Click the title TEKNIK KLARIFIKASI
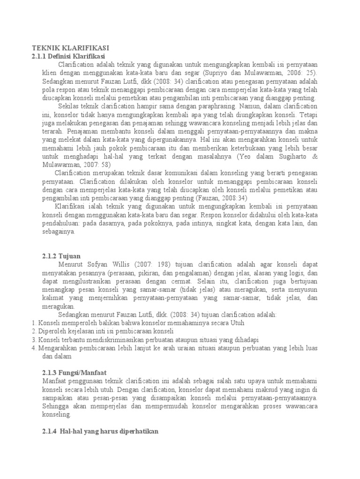point(70,48)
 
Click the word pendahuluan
point(57,224)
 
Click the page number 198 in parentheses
point(165,265)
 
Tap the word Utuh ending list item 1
point(236,323)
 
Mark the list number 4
point(34,348)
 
